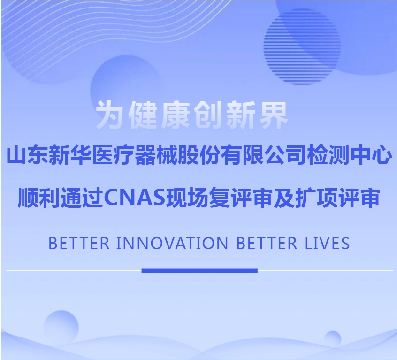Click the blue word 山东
click(x=27, y=156)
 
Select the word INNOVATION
click(x=171, y=244)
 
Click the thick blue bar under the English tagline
click(x=199, y=270)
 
